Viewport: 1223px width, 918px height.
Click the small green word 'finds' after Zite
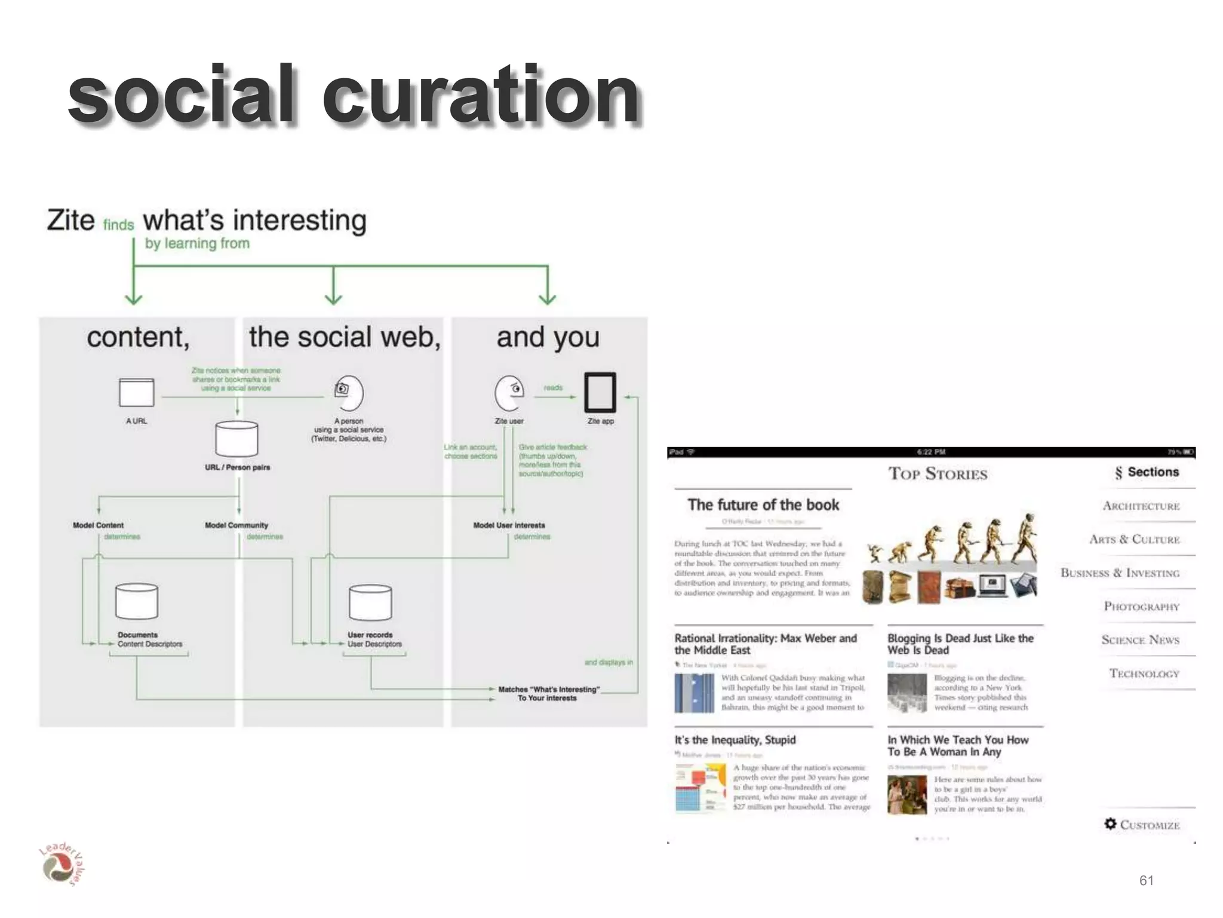tap(118, 225)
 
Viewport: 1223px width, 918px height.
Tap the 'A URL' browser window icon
tap(136, 393)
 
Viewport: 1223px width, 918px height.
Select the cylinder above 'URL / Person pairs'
tap(237, 438)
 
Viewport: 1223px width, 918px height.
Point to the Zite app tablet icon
tap(600, 393)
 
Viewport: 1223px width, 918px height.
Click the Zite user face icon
tap(509, 393)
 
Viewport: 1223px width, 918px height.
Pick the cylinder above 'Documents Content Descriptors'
tap(137, 601)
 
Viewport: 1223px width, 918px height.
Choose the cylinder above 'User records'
tap(370, 602)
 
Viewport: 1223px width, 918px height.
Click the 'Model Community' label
tap(236, 525)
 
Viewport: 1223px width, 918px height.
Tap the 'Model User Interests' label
tap(509, 525)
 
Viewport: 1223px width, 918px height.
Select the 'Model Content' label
tap(98, 525)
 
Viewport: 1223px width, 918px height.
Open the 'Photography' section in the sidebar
tap(1141, 607)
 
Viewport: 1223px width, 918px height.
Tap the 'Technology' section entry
tap(1144, 674)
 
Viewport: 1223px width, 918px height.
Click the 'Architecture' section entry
tap(1141, 506)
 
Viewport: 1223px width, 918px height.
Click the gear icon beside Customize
tap(1110, 824)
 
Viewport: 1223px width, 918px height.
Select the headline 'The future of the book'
tap(763, 505)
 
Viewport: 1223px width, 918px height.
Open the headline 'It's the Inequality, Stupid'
tap(735, 740)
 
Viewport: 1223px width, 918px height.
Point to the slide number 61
tap(1146, 880)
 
